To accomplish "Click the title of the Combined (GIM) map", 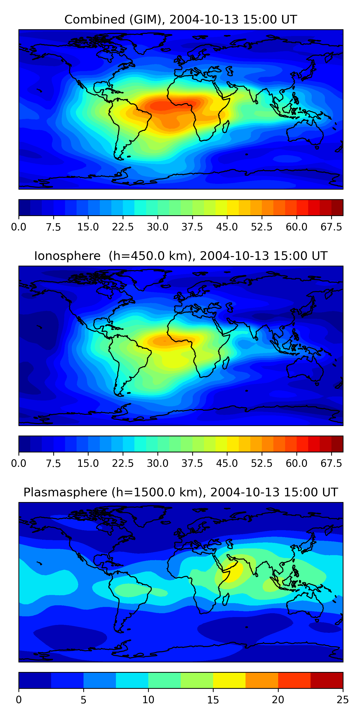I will point(180,20).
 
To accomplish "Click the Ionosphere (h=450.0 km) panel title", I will point(180,256).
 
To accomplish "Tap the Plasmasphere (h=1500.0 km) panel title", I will point(180,492).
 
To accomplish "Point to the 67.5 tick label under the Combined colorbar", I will point(331,227).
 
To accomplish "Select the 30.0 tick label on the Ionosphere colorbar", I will point(158,463).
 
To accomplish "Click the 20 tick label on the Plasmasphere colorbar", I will point(278,700).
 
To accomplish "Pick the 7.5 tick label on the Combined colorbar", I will point(53,227).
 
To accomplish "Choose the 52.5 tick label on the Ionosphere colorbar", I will point(262,463).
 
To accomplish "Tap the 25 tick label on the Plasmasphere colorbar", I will point(343,700).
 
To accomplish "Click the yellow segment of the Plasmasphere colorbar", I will point(229,680).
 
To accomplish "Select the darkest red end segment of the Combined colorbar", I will point(337,207).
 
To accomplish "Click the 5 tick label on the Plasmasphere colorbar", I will point(83,700).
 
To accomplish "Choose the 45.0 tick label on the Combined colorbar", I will point(227,227).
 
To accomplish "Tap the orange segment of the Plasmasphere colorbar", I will point(262,680).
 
